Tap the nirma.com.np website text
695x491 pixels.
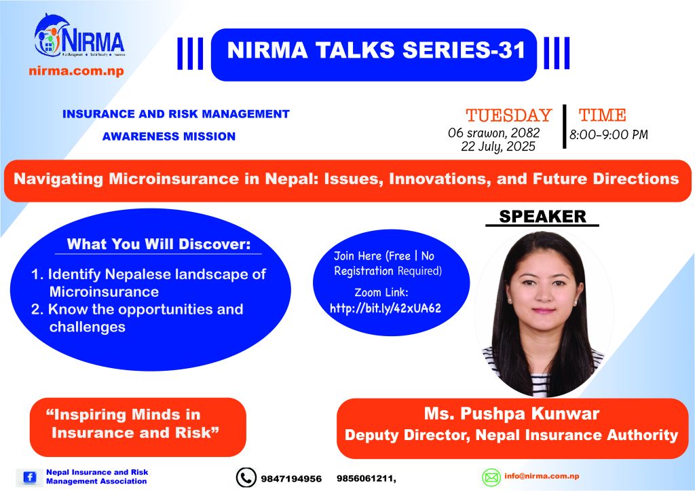pos(76,71)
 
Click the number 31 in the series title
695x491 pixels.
pos(511,50)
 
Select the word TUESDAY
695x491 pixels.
pos(508,115)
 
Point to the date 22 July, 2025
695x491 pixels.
pos(498,147)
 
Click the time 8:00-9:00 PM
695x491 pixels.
pos(609,134)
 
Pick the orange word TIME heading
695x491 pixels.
pos(603,115)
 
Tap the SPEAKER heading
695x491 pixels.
pos(542,217)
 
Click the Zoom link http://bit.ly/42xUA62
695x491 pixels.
pos(386,308)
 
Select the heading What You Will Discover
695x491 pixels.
pos(159,244)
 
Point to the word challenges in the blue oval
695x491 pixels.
pos(88,327)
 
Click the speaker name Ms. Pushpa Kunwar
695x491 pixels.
pos(512,414)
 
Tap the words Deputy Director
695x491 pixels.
pos(407,435)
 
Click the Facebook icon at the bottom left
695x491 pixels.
pos(30,477)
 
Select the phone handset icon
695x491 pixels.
pos(246,477)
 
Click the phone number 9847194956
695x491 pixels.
pos(291,479)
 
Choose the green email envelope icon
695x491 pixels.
pos(491,477)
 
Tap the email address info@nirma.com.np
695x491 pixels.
pos(542,476)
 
